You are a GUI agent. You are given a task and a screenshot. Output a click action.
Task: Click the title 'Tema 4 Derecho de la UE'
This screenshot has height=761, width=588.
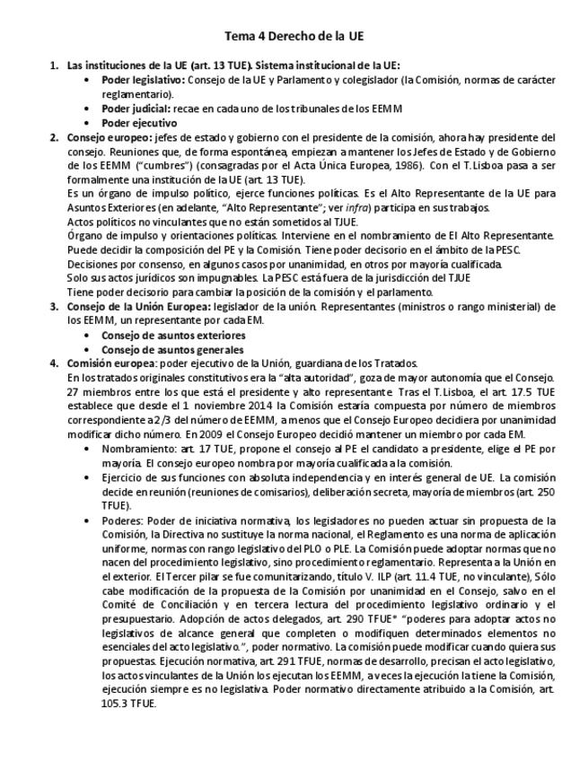point(294,36)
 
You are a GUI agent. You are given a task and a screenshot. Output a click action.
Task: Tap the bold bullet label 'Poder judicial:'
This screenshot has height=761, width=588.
point(134,109)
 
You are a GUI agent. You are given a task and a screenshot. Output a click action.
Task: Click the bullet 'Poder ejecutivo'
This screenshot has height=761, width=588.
point(138,123)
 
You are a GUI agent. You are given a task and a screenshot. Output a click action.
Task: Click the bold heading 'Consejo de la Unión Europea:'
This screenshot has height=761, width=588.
point(137,306)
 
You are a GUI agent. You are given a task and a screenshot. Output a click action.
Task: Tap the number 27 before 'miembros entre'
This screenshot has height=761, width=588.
point(74,392)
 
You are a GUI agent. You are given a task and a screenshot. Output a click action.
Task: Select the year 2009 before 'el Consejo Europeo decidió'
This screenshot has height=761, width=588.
point(213,435)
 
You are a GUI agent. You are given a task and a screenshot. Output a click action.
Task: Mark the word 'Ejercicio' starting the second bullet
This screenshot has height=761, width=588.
point(124,477)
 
